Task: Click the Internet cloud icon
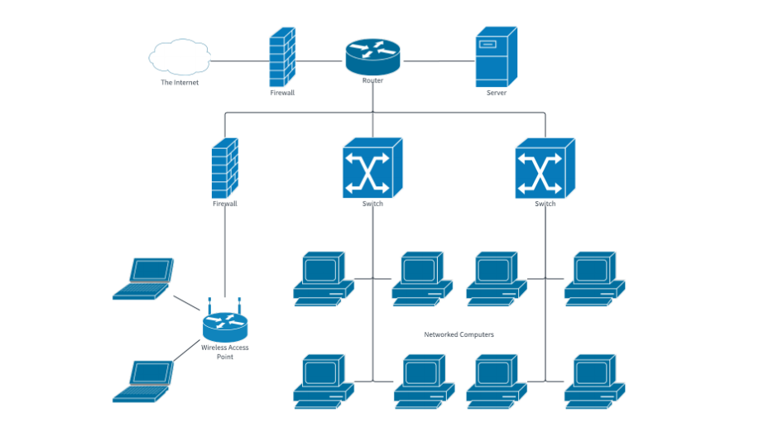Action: pyautogui.click(x=180, y=58)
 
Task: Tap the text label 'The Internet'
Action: pyautogui.click(x=180, y=83)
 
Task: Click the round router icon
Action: pyautogui.click(x=372, y=55)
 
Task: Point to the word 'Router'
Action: pyautogui.click(x=372, y=81)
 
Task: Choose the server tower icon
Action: pyautogui.click(x=496, y=57)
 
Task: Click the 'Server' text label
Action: pyautogui.click(x=496, y=94)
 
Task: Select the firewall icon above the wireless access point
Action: pyautogui.click(x=225, y=167)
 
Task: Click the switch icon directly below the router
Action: pyautogui.click(x=372, y=168)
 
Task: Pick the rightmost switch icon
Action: pyautogui.click(x=545, y=168)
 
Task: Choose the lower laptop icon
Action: pyautogui.click(x=145, y=382)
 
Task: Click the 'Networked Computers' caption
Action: pyautogui.click(x=459, y=334)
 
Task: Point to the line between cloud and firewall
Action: pyautogui.click(x=240, y=60)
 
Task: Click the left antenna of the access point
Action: pyautogui.click(x=210, y=305)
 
